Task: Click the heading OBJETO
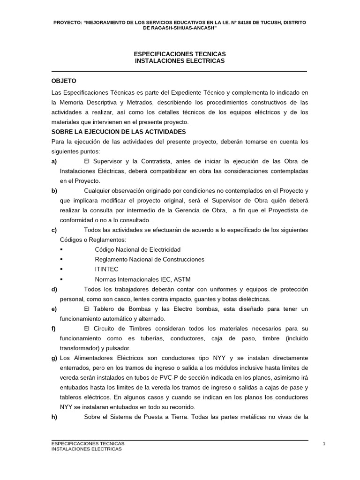pyautogui.click(x=64, y=81)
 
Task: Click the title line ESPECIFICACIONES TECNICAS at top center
pyautogui.click(x=180, y=54)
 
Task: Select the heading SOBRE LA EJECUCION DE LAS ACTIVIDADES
pyautogui.click(x=119, y=132)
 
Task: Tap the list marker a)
pyautogui.click(x=54, y=161)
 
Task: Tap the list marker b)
pyautogui.click(x=54, y=190)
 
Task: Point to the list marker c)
pyautogui.click(x=54, y=230)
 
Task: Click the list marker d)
pyautogui.click(x=54, y=289)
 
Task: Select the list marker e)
pyautogui.click(x=54, y=309)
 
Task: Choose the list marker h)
pyautogui.click(x=54, y=417)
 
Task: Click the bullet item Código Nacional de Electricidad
pyautogui.click(x=137, y=249)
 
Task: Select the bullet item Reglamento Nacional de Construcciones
pyautogui.click(x=150, y=259)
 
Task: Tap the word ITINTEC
pyautogui.click(x=106, y=269)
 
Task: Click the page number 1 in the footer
pyautogui.click(x=324, y=443)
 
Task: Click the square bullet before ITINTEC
pyautogui.click(x=62, y=270)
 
